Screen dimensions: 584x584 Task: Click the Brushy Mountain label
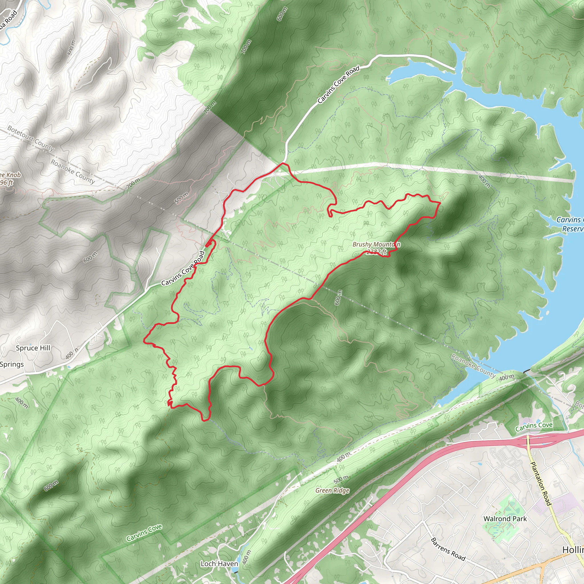(x=376, y=244)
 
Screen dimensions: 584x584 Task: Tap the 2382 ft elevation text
(x=377, y=252)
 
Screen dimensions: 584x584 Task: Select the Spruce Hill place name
(x=33, y=348)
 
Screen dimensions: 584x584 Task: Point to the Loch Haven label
(x=219, y=564)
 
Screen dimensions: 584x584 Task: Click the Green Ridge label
(x=332, y=490)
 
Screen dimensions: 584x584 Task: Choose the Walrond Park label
(x=505, y=519)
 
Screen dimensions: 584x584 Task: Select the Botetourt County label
(x=31, y=138)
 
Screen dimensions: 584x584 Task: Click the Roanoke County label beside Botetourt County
(x=72, y=171)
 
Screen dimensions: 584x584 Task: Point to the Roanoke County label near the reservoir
(x=473, y=366)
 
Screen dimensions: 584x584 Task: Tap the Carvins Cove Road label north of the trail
(x=338, y=84)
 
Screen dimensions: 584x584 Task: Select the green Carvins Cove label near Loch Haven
(x=144, y=533)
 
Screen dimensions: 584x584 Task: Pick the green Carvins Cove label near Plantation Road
(x=534, y=427)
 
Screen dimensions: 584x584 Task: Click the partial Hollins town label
(x=573, y=550)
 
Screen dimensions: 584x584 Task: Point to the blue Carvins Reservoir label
(x=569, y=224)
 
